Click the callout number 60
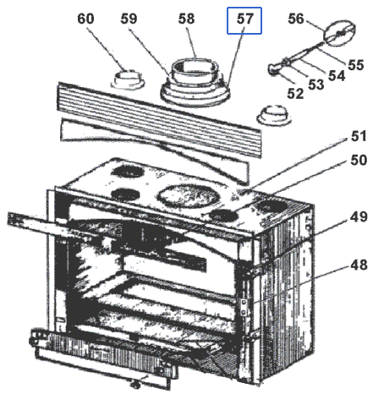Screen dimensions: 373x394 click(85, 19)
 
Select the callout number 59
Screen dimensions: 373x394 click(129, 19)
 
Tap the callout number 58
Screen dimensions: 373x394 click(186, 19)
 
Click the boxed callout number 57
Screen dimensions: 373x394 click(244, 20)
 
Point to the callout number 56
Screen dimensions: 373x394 click(296, 19)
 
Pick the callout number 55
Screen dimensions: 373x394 click(356, 64)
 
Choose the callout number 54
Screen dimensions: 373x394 click(337, 75)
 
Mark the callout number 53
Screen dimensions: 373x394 click(316, 85)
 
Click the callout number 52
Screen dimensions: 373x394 click(295, 93)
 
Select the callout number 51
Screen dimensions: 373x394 click(359, 136)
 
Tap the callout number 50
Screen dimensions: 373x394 click(359, 160)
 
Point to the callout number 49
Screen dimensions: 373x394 click(359, 216)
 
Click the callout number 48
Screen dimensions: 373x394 click(359, 265)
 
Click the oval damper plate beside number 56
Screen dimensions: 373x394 click(340, 32)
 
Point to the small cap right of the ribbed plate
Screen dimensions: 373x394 click(273, 115)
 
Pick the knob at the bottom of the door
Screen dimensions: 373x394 click(135, 384)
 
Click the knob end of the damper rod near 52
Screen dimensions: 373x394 click(273, 69)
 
